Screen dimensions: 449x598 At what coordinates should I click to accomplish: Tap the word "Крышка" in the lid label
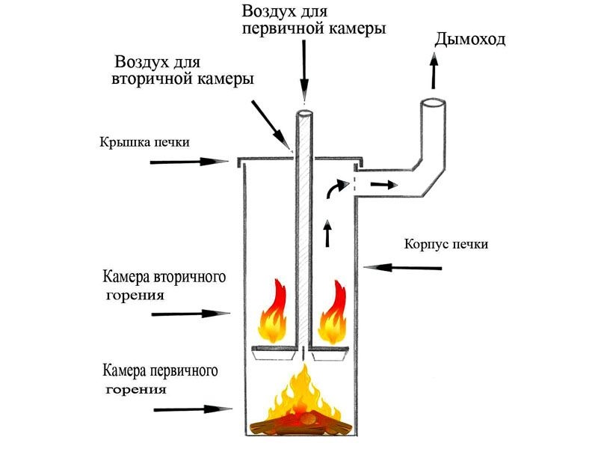point(117,141)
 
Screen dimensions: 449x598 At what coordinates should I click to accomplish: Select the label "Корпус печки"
point(446,244)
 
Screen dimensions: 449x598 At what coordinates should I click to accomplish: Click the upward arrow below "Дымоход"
point(434,73)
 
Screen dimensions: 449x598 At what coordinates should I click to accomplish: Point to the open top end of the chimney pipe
point(433,103)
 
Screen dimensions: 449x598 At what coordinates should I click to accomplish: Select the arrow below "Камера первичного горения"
point(190,409)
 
